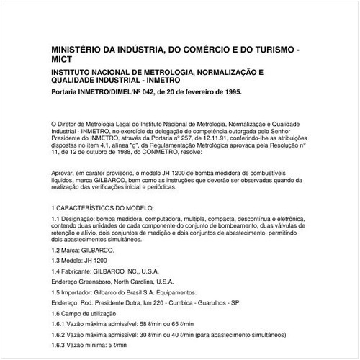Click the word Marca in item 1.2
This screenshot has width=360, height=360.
tap(73, 249)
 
